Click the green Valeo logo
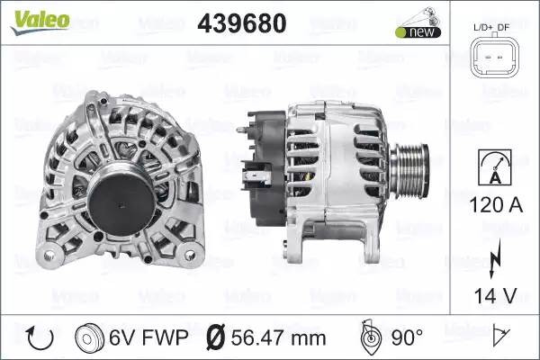[40, 22]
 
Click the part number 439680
[242, 23]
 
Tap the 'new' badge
[418, 32]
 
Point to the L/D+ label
[483, 27]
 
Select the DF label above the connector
[503, 27]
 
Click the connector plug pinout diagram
[494, 58]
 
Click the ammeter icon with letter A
[495, 167]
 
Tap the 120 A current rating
[496, 205]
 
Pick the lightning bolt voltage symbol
[495, 258]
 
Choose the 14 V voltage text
[496, 295]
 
